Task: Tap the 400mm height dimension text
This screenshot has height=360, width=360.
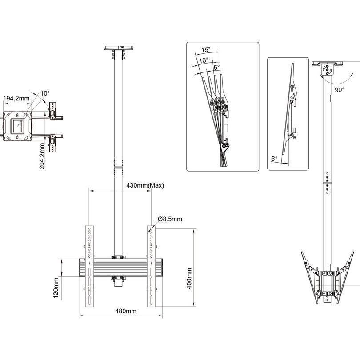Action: click(189, 278)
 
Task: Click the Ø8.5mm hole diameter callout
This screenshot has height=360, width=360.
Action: click(170, 219)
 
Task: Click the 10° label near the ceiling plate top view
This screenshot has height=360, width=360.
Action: click(45, 93)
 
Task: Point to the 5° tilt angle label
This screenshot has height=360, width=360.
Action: click(216, 68)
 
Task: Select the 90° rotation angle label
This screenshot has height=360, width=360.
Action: click(340, 89)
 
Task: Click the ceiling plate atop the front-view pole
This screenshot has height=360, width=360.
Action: click(118, 47)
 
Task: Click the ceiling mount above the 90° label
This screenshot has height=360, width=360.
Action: click(329, 67)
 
